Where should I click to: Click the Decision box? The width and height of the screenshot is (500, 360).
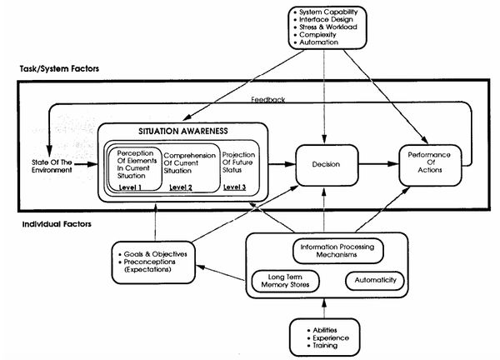click(x=327, y=165)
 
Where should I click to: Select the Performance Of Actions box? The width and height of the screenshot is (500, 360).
click(x=430, y=165)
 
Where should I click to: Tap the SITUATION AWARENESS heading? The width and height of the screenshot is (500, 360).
click(x=183, y=131)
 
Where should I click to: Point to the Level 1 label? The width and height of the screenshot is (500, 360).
click(x=130, y=187)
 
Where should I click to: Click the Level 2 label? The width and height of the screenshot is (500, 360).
click(x=181, y=187)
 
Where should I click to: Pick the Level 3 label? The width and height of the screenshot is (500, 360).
click(x=235, y=187)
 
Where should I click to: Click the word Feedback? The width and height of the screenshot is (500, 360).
click(x=267, y=99)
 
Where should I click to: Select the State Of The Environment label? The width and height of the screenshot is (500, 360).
click(x=52, y=166)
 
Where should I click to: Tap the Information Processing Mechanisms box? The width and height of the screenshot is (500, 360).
click(x=338, y=251)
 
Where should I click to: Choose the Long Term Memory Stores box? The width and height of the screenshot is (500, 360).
click(x=285, y=281)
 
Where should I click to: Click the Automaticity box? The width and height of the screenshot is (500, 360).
click(x=375, y=280)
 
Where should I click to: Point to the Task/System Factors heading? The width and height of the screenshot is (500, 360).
click(x=59, y=69)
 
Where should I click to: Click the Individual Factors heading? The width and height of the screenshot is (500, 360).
click(x=57, y=224)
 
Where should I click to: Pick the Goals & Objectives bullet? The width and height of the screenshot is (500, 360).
click(x=152, y=254)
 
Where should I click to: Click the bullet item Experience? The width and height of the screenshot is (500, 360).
click(x=328, y=338)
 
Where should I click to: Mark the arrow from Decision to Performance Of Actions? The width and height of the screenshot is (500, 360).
click(x=379, y=164)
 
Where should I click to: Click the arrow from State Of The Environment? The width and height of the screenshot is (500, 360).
click(x=86, y=164)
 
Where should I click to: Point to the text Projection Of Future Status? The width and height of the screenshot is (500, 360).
click(x=239, y=162)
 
